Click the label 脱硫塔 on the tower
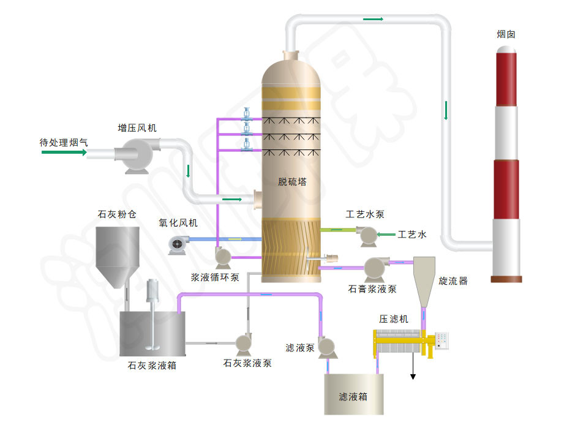291,182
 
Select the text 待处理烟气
64,143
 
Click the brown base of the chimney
506,279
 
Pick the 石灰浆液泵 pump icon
244,342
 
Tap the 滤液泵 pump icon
326,347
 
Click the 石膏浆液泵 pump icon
373,267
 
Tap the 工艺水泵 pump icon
368,235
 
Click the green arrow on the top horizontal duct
372,19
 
